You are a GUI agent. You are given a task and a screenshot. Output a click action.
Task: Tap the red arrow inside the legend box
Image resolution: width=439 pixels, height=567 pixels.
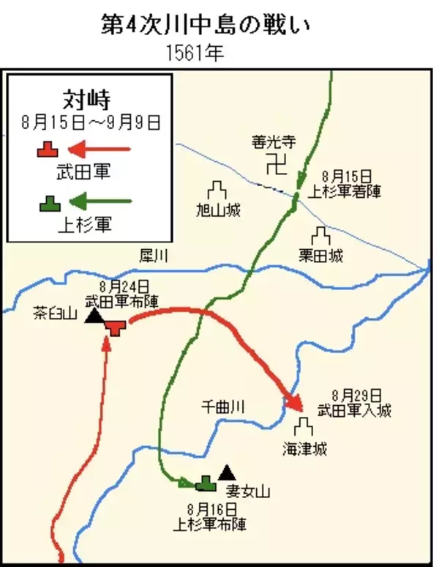pyautogui.click(x=103, y=150)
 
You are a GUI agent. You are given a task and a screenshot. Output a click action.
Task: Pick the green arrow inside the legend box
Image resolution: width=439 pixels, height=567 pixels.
pyautogui.click(x=103, y=201)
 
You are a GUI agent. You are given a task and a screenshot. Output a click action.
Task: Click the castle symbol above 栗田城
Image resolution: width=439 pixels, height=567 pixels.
pyautogui.click(x=320, y=236)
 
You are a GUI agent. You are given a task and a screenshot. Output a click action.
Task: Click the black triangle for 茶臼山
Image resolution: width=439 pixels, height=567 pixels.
pyautogui.click(x=93, y=316)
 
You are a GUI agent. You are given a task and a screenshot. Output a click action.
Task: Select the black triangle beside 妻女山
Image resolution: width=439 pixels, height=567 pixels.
pyautogui.click(x=227, y=472)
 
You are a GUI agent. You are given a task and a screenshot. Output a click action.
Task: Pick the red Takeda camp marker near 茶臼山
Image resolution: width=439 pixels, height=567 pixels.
pyautogui.click(x=115, y=327)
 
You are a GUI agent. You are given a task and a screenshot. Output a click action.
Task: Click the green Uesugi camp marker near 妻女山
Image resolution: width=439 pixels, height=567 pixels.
pyautogui.click(x=206, y=483)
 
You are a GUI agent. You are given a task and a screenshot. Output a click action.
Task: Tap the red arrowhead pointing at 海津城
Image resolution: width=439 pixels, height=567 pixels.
pyautogui.click(x=295, y=402)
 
